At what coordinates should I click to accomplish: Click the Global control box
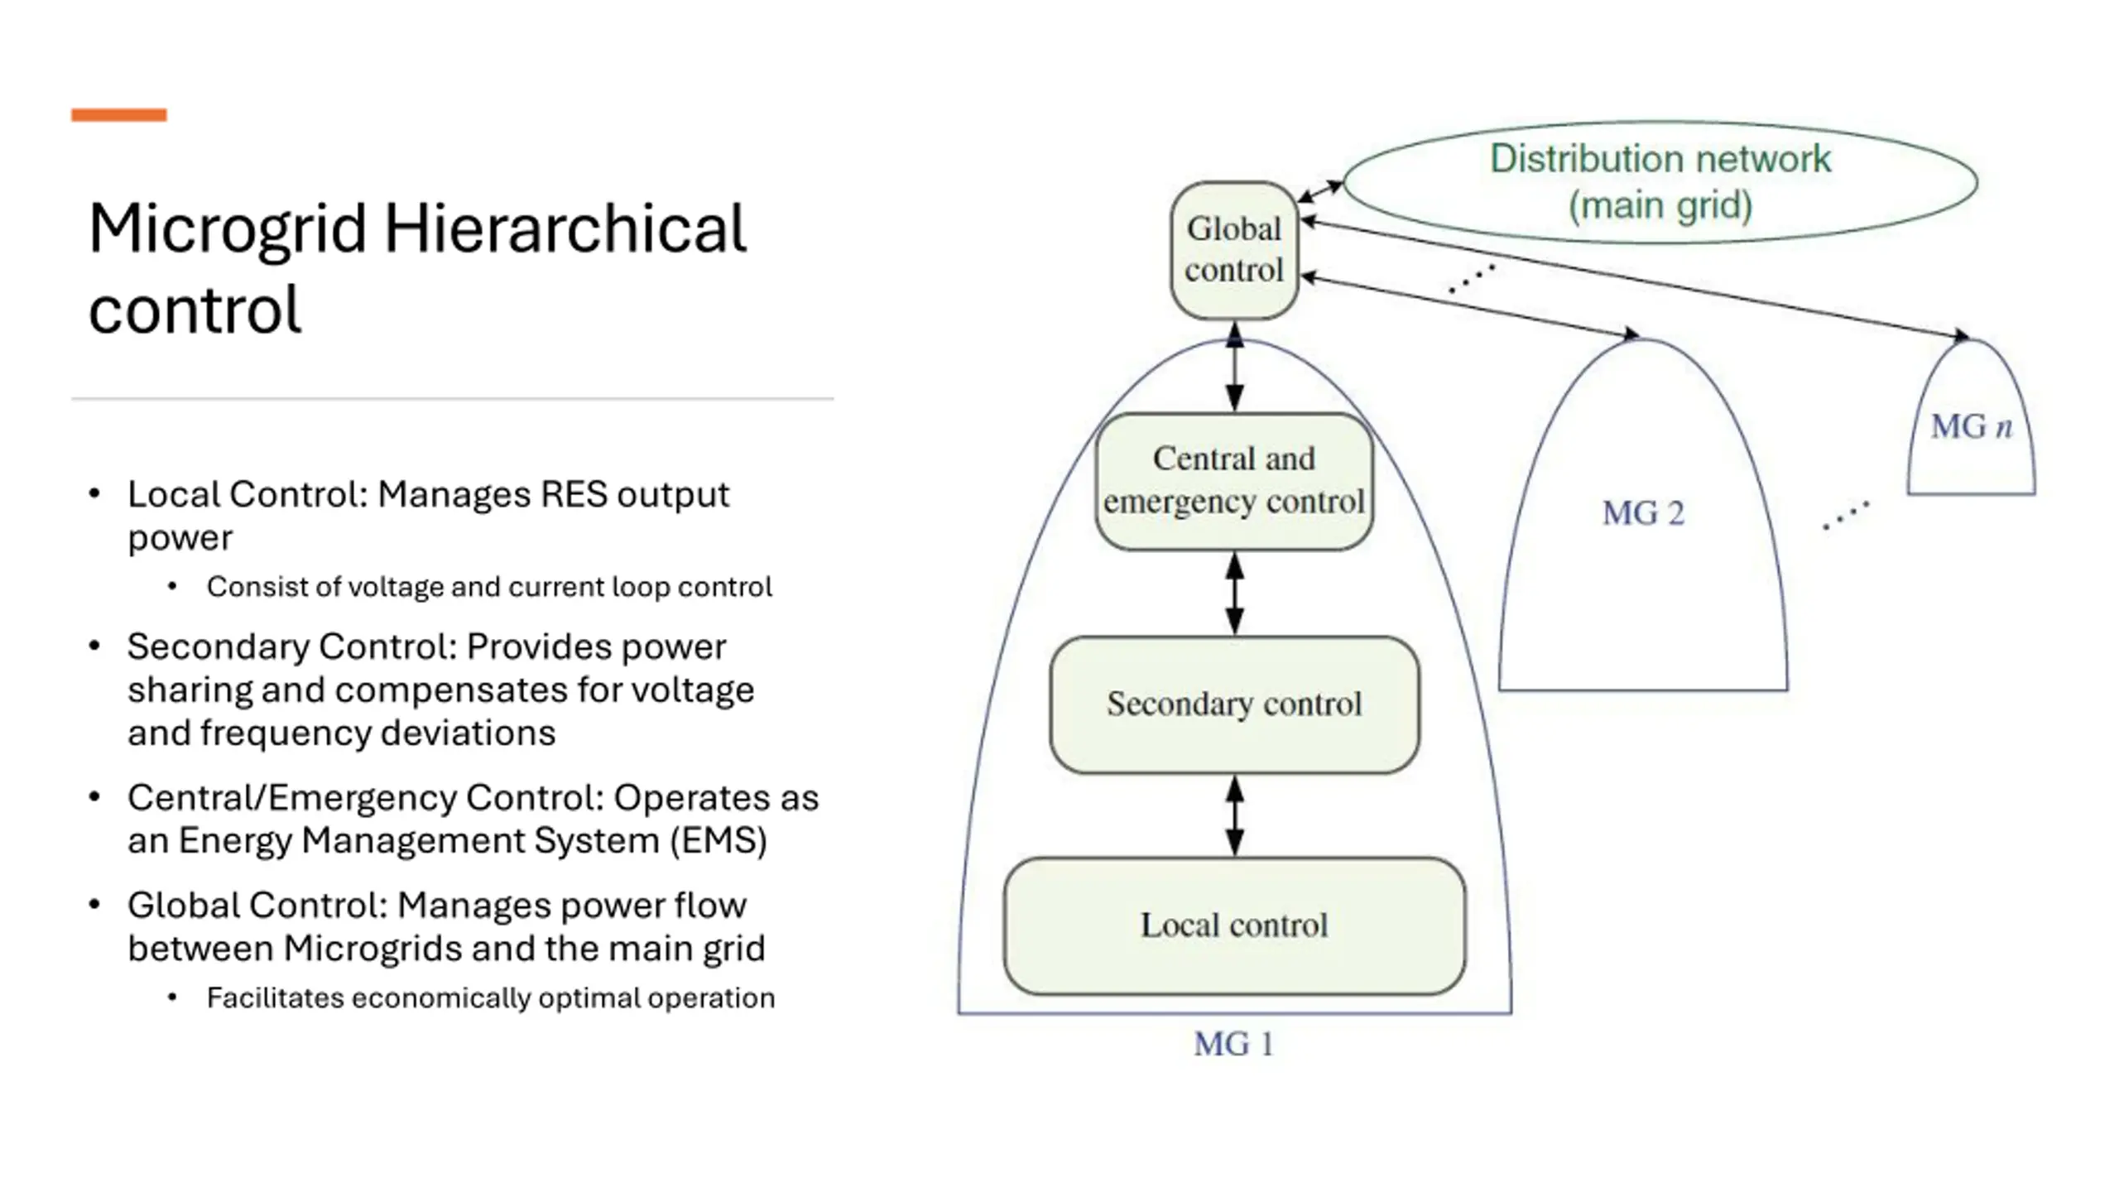(x=1233, y=250)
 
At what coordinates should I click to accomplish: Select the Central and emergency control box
(x=1234, y=481)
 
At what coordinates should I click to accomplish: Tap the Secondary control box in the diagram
(x=1234, y=704)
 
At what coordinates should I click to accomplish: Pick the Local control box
(x=1234, y=925)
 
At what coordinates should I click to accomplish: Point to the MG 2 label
(x=1643, y=513)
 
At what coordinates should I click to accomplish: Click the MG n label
(x=1971, y=426)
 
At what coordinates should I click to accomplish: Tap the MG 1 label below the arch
(x=1233, y=1044)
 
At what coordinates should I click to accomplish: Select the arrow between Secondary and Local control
(x=1234, y=815)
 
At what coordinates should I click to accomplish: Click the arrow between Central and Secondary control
(x=1234, y=593)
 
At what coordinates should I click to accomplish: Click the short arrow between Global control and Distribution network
(x=1320, y=191)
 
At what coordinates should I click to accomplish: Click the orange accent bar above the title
(x=119, y=115)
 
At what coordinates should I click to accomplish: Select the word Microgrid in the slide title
(x=228, y=230)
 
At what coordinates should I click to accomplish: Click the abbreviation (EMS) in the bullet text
(x=718, y=840)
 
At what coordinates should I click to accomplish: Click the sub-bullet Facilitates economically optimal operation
(x=491, y=997)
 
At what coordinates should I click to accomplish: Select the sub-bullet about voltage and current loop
(x=489, y=586)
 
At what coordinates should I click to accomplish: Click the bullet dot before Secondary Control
(x=94, y=646)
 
